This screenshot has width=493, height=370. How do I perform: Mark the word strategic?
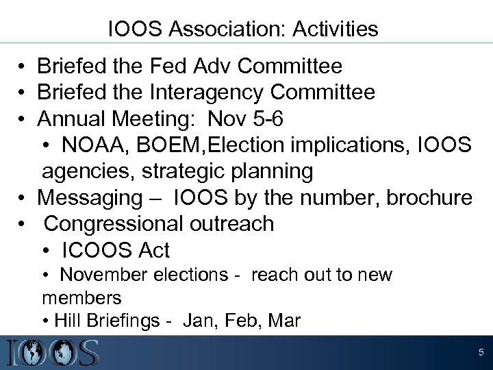point(179,171)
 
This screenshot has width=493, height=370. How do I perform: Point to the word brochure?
point(425,197)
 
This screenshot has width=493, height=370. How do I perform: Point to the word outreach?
point(229,223)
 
